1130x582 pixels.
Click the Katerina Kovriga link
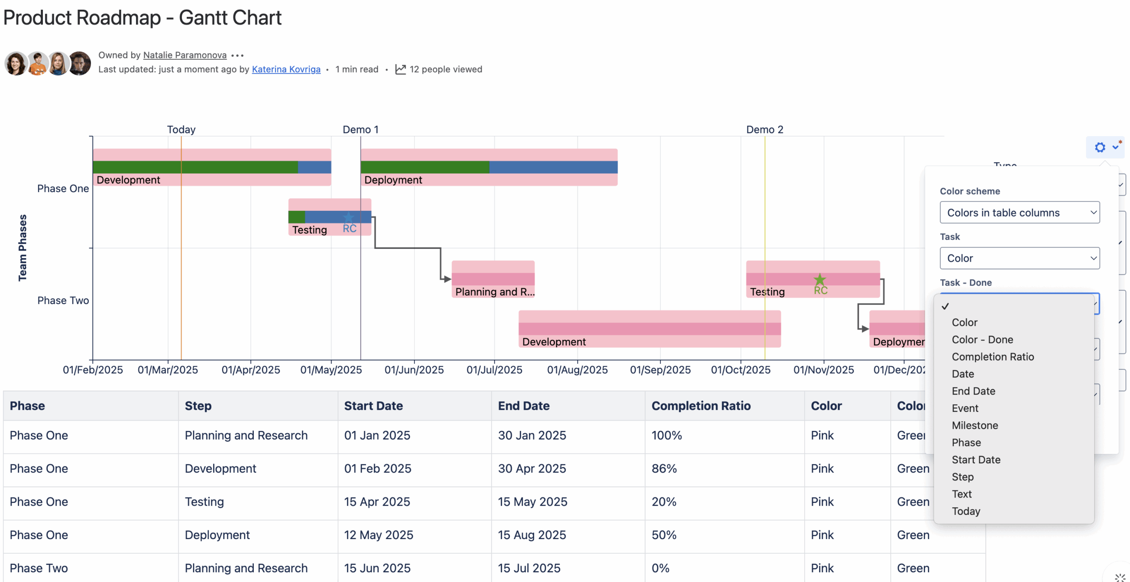click(x=286, y=69)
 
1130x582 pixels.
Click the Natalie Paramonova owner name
click(x=185, y=55)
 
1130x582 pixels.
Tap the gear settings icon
click(x=1100, y=147)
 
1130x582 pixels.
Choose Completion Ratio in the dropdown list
click(x=992, y=357)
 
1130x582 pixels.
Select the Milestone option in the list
click(x=974, y=425)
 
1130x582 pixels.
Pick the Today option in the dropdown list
click(x=965, y=511)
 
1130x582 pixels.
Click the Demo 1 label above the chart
click(x=360, y=129)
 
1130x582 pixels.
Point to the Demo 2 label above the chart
click(x=764, y=129)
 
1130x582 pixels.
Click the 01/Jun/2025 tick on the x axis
click(x=414, y=369)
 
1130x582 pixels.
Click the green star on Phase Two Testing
click(x=819, y=279)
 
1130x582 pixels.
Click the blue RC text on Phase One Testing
click(x=349, y=228)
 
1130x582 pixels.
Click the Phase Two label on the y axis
click(x=63, y=301)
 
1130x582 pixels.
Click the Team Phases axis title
click(x=22, y=247)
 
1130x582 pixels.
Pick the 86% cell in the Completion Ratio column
click(x=664, y=468)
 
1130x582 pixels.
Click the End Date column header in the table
click(x=524, y=406)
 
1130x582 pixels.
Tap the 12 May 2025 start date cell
click(x=378, y=535)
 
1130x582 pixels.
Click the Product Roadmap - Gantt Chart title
click(x=142, y=18)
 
